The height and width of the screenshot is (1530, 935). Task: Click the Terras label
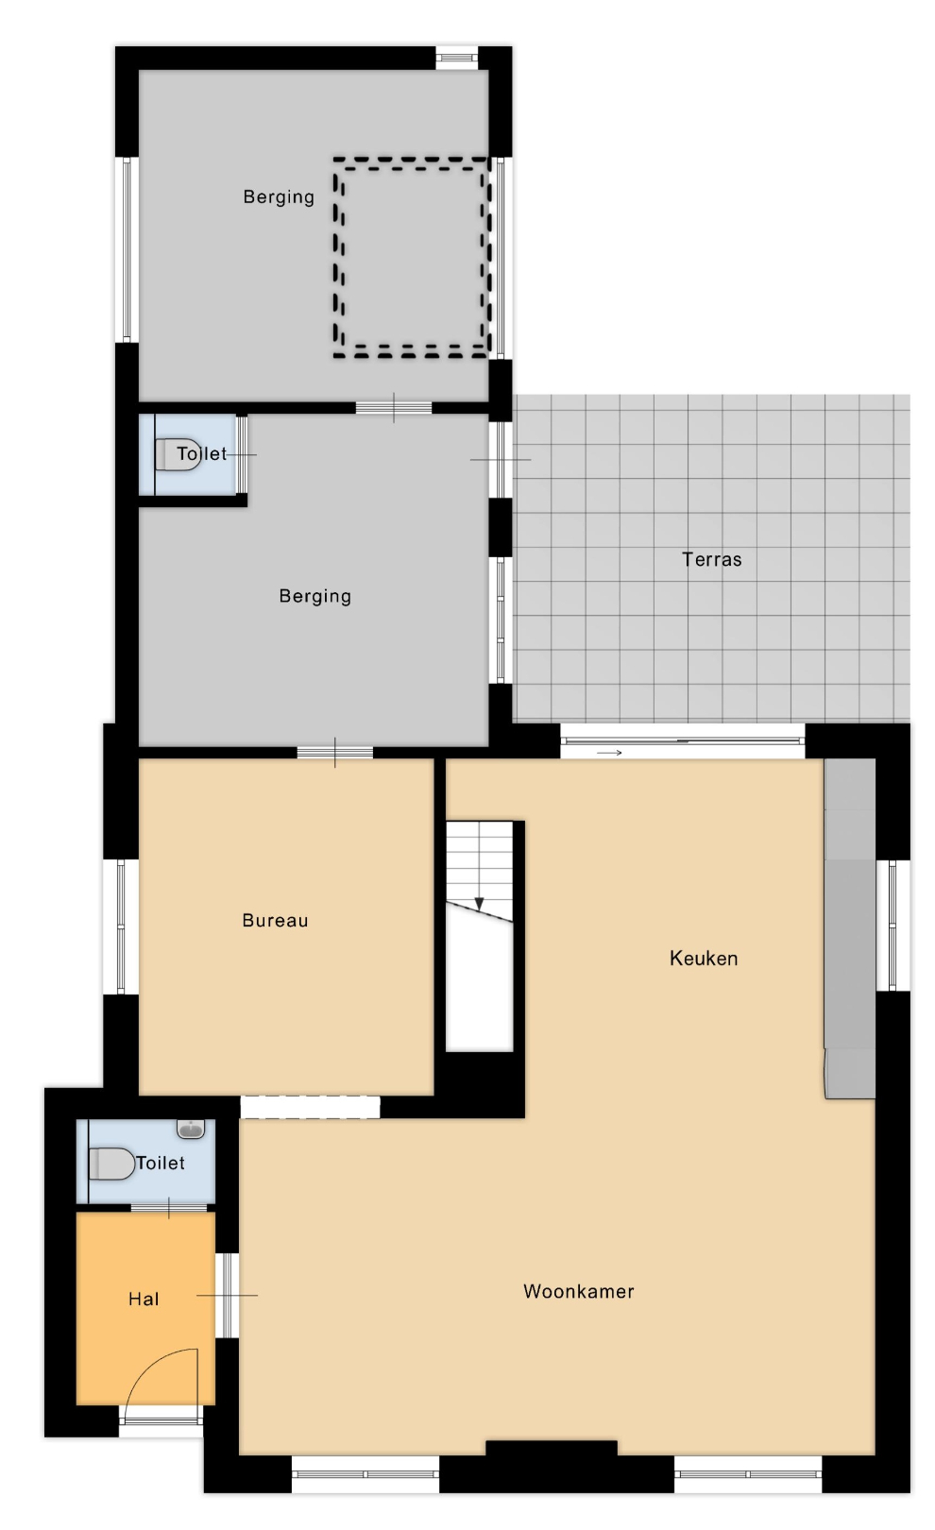[711, 559]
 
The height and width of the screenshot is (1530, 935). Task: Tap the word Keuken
[704, 959]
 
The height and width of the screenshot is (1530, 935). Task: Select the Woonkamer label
[579, 1291]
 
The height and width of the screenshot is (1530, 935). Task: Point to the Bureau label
[275, 920]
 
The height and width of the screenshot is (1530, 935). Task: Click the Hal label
[144, 1299]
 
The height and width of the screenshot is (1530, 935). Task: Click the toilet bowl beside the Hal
[111, 1164]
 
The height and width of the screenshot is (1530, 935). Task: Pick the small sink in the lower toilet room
[191, 1129]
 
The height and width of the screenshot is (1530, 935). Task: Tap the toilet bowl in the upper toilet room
[178, 454]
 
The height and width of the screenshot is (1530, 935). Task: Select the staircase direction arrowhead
[479, 903]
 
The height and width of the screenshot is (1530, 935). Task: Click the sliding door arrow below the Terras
[609, 753]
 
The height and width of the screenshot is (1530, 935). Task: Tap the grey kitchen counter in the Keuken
[850, 928]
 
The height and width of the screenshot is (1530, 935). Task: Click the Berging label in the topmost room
[279, 196]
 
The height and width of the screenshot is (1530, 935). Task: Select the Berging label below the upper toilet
[314, 596]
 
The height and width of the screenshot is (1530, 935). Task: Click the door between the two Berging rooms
[394, 408]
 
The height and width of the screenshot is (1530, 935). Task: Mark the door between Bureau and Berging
[334, 753]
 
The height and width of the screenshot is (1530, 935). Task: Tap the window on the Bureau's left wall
[121, 926]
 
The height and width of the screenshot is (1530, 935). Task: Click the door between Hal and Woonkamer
[228, 1295]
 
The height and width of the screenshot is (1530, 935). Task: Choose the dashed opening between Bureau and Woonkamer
[310, 1107]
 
